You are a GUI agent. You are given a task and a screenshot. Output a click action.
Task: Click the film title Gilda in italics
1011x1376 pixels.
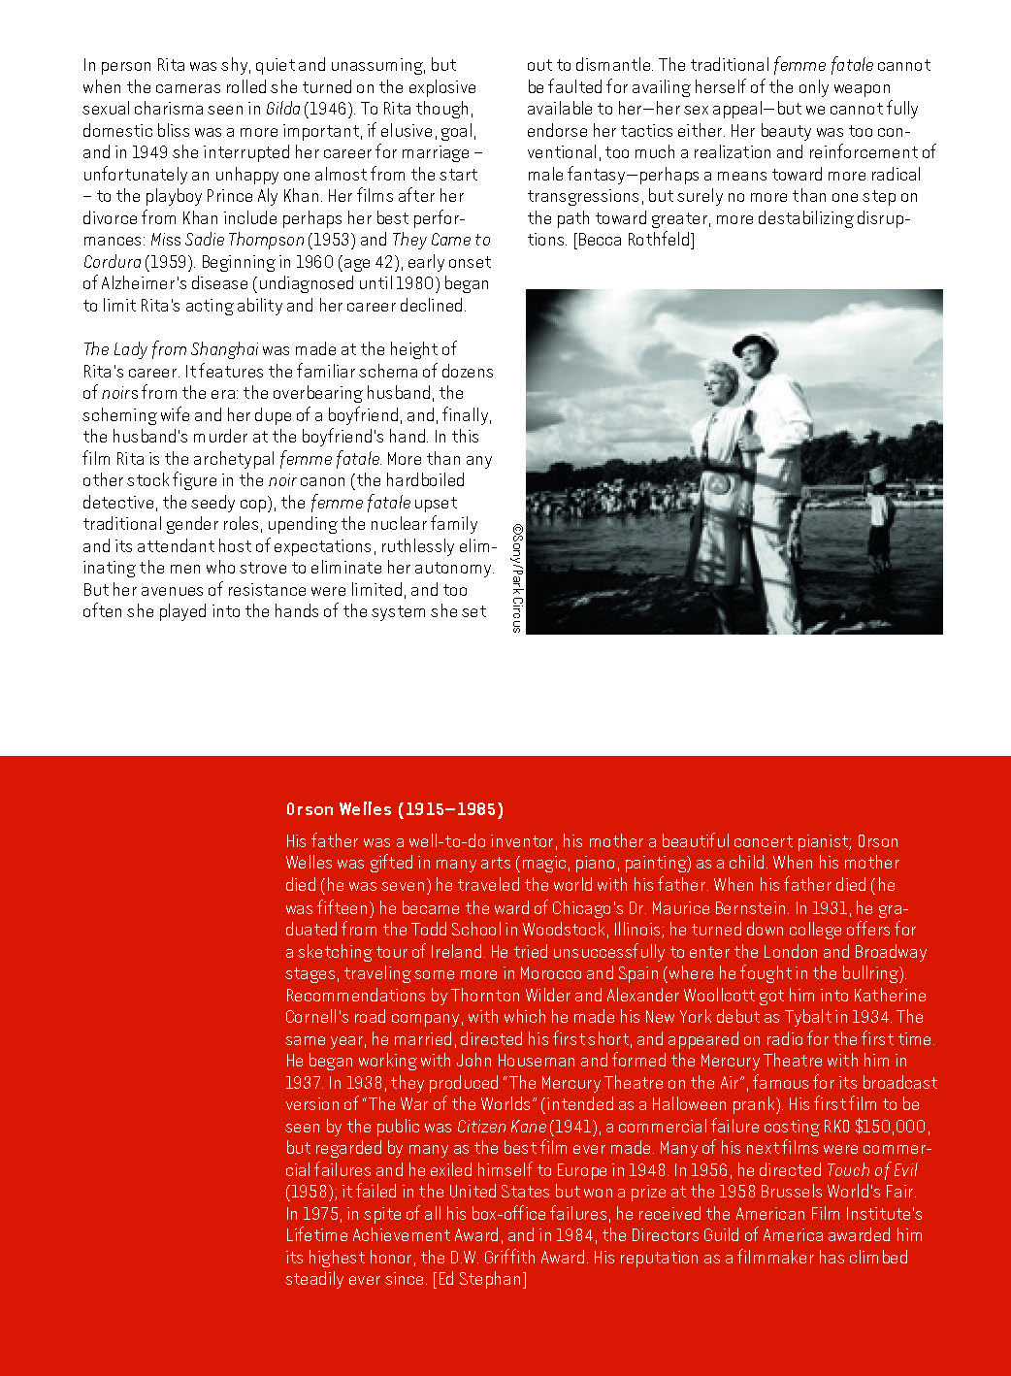282,110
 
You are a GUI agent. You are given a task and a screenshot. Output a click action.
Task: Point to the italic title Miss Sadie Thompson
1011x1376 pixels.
227,241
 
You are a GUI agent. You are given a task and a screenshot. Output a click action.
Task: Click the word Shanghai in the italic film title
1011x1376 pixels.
225,349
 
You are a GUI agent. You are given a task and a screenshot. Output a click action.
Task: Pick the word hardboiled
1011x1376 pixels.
420,480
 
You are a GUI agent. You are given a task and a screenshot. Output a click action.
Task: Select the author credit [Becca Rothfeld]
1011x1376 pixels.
635,241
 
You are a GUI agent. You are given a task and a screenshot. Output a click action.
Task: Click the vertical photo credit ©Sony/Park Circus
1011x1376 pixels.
517,578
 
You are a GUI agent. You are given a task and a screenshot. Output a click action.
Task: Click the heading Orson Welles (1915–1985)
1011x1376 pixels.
394,809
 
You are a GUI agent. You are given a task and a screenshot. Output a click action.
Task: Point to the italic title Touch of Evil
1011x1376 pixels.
871,1171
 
